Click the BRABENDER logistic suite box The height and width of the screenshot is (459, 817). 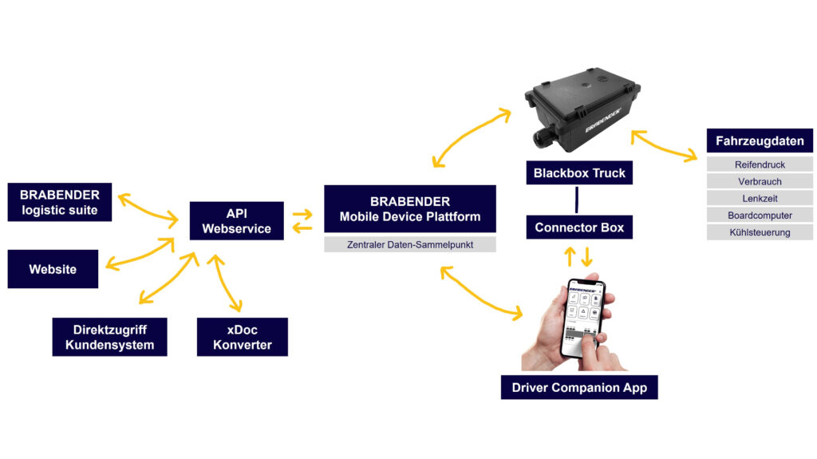[59, 202]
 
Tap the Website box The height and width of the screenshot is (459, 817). [53, 269]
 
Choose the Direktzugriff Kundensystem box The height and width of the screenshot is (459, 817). [109, 337]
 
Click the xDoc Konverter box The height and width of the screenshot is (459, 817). [242, 337]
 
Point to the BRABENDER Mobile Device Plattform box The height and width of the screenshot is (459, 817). [409, 209]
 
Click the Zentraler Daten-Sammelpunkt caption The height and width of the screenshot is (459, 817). [409, 245]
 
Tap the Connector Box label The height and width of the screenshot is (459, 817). [579, 228]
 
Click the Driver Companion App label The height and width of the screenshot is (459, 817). [579, 388]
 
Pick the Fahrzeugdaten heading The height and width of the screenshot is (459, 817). [759, 141]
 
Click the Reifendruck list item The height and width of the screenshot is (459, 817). [759, 164]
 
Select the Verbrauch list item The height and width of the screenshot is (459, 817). [759, 181]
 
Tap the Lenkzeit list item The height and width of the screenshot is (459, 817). [759, 198]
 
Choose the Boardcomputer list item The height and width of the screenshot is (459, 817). [759, 216]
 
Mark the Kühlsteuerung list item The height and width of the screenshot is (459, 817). [759, 232]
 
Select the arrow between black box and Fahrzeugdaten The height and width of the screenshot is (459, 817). [664, 147]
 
